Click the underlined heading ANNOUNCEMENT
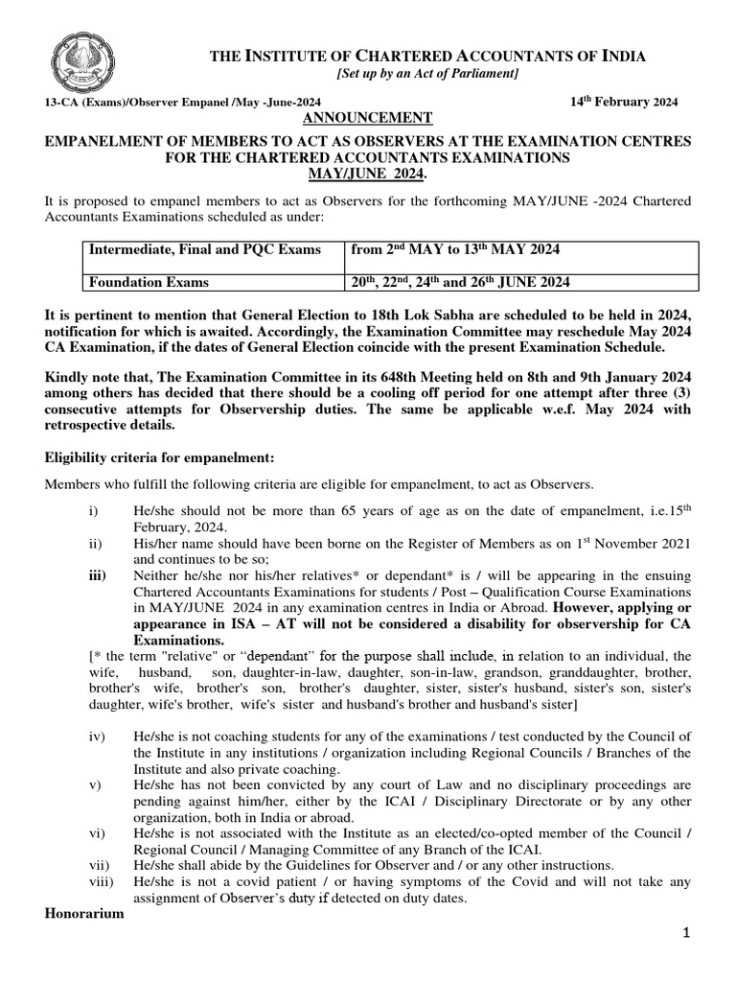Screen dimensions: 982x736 pyautogui.click(x=355, y=117)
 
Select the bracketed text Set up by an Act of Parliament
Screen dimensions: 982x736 pyautogui.click(x=427, y=75)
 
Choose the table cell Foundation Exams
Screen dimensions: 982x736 pyautogui.click(x=149, y=282)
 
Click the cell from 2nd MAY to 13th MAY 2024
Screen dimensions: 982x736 pyautogui.click(x=455, y=250)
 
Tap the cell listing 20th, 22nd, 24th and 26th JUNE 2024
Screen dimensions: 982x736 pyautogui.click(x=461, y=282)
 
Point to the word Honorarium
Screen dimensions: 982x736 pyautogui.click(x=84, y=914)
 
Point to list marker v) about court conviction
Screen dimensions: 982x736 pyautogui.click(x=94, y=783)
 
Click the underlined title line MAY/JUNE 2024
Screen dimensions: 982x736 pyautogui.click(x=369, y=174)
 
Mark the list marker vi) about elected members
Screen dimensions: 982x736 pyautogui.click(x=96, y=832)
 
